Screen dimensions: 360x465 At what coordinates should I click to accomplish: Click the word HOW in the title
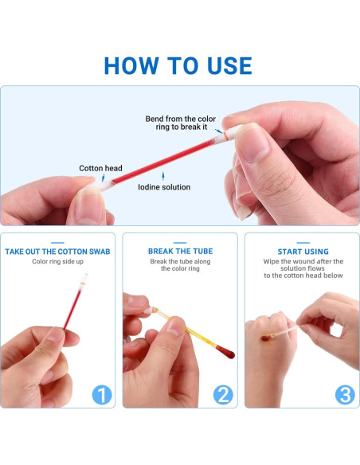tap(131, 65)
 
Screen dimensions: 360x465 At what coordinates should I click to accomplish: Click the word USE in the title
tap(229, 65)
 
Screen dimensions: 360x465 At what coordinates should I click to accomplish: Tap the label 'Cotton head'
tap(100, 168)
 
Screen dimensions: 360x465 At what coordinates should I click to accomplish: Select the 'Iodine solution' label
tap(164, 187)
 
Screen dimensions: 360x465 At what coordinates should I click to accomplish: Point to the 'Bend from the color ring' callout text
tap(180, 123)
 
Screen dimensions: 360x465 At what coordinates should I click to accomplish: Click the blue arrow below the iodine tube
tap(162, 175)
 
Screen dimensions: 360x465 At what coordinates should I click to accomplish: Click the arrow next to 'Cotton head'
tap(103, 178)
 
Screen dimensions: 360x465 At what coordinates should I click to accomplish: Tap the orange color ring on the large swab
tap(225, 136)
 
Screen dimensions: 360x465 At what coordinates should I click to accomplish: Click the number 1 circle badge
tap(102, 395)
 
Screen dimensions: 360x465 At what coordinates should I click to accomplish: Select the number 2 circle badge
tap(223, 395)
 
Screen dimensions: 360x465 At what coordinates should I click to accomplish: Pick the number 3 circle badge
tap(345, 395)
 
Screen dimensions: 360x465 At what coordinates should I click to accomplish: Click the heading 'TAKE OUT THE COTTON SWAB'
tap(57, 252)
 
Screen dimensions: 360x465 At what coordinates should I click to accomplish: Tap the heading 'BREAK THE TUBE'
tap(180, 251)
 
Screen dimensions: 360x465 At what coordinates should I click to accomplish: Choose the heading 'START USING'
tap(303, 252)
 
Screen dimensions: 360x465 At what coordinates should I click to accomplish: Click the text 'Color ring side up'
tap(58, 261)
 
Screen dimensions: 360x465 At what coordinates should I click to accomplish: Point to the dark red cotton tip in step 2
tap(225, 351)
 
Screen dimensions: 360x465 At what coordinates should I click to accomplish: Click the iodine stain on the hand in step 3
tap(266, 337)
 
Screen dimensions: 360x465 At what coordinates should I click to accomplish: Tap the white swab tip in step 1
tap(84, 278)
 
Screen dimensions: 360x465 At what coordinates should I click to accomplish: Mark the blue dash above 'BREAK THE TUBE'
tap(180, 243)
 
